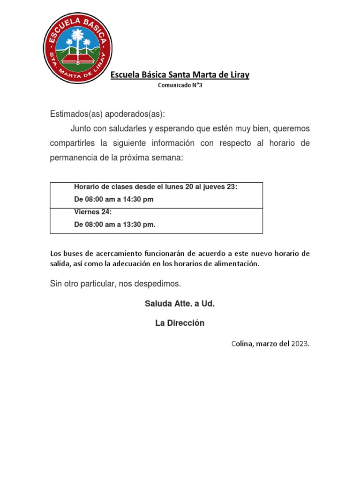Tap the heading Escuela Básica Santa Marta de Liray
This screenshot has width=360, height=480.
pyautogui.click(x=180, y=75)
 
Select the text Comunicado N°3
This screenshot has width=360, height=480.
pyautogui.click(x=180, y=85)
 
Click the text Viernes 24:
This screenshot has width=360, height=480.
pyautogui.click(x=93, y=212)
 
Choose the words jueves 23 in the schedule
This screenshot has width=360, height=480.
pyautogui.click(x=219, y=187)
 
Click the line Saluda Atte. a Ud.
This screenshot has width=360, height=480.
pyautogui.click(x=180, y=304)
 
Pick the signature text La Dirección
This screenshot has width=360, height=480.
pyautogui.click(x=180, y=323)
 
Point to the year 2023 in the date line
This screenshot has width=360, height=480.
pyautogui.click(x=300, y=344)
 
